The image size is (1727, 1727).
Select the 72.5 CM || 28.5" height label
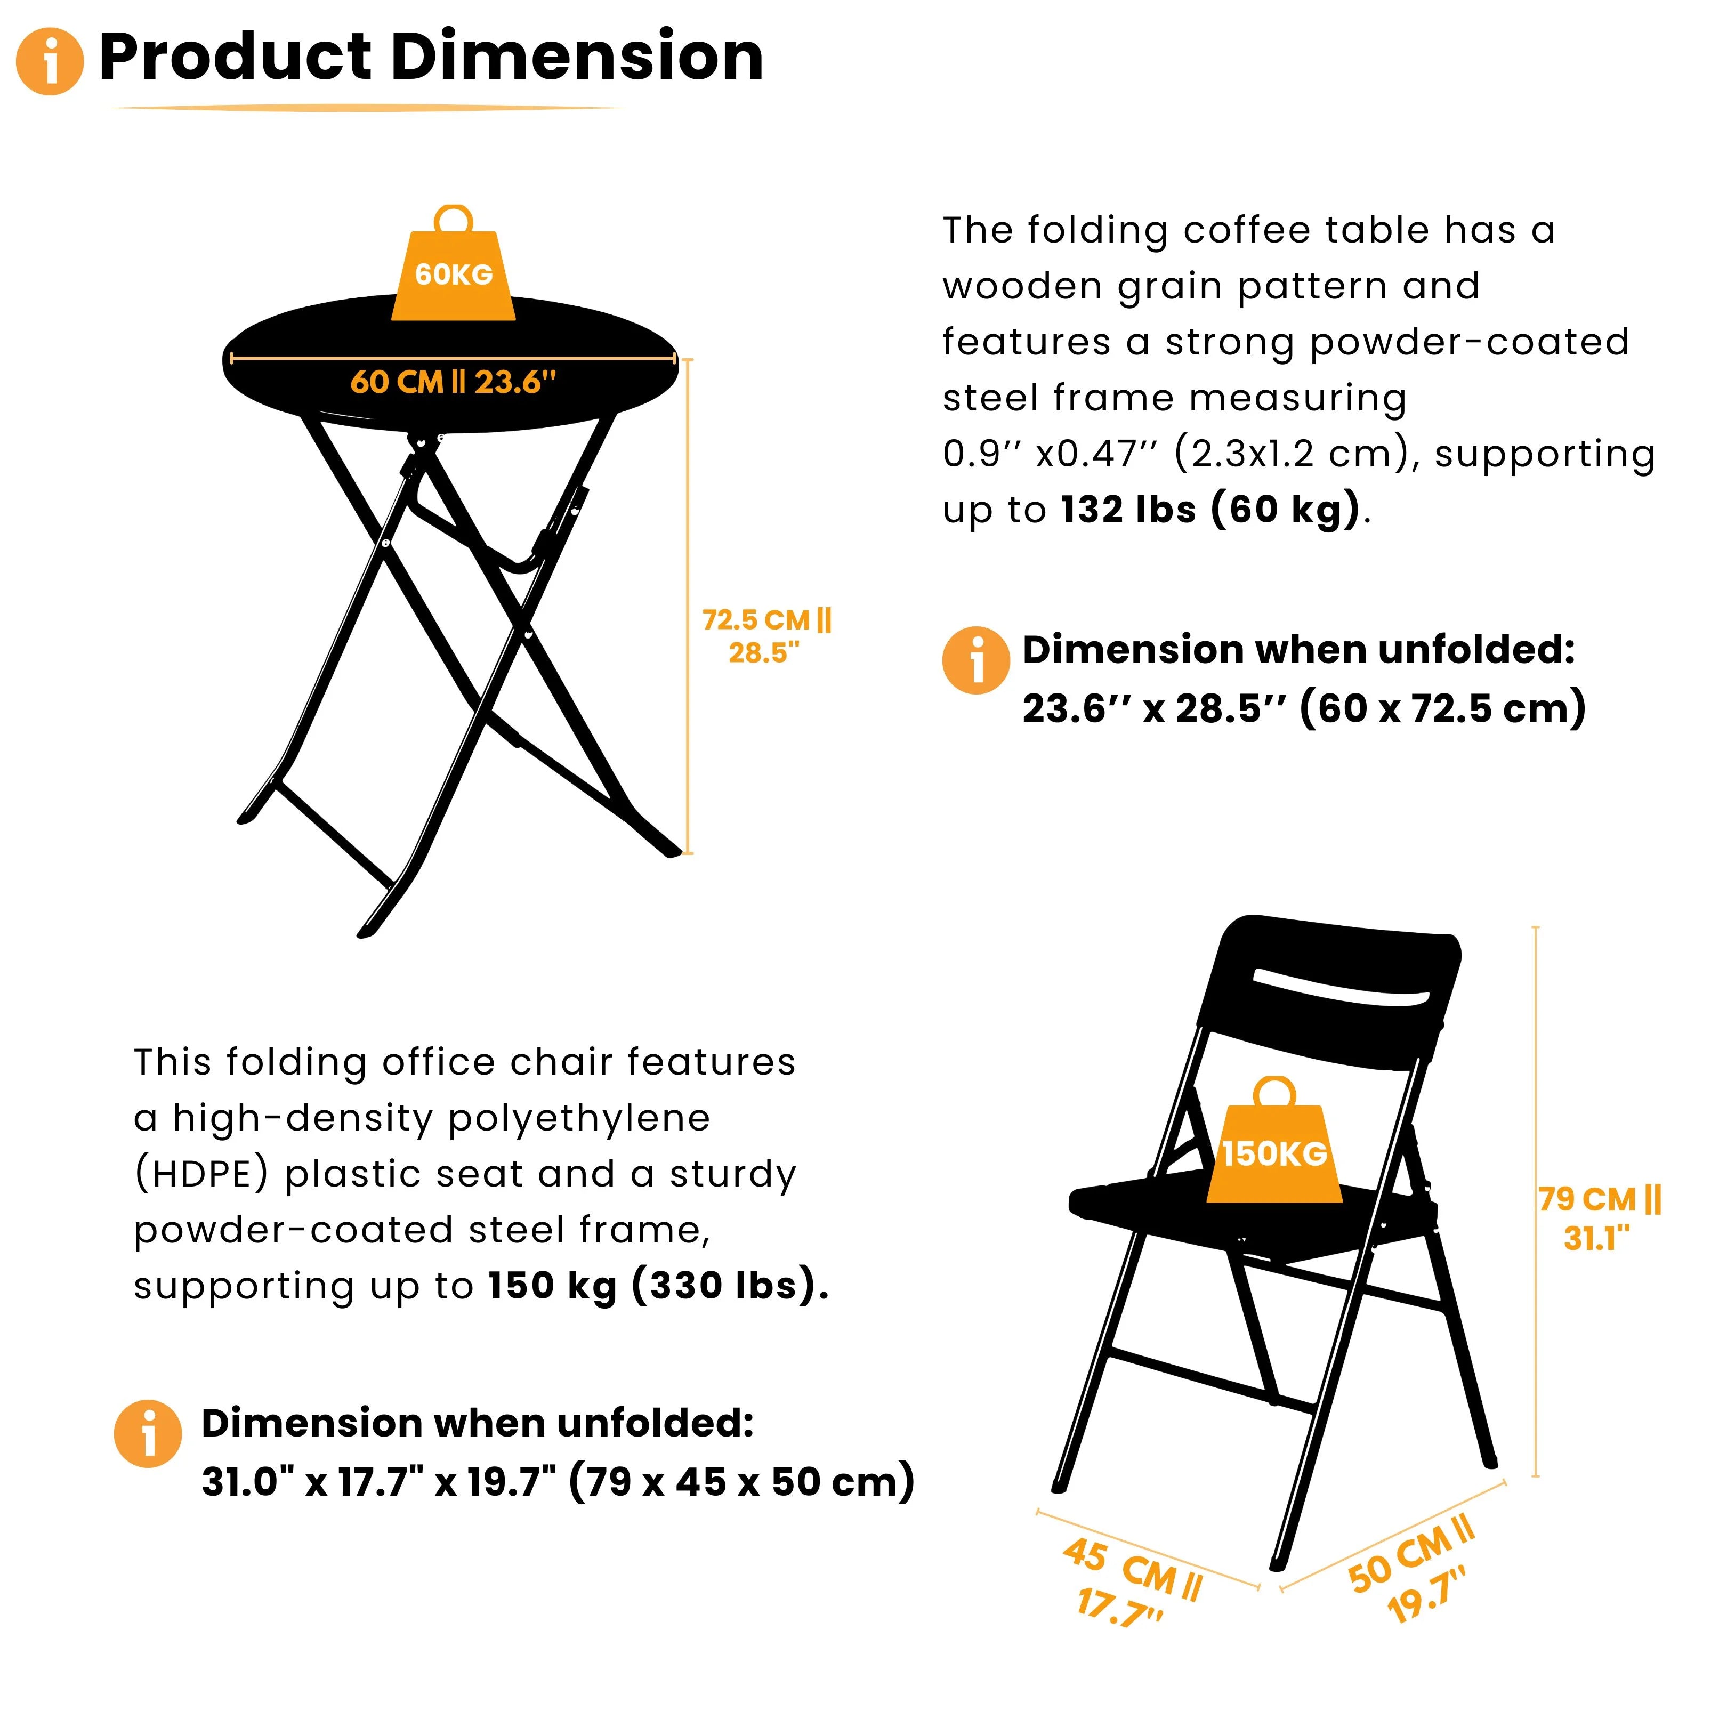click(766, 635)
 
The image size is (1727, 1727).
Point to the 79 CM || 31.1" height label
click(1599, 1217)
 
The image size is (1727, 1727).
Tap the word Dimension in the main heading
click(577, 57)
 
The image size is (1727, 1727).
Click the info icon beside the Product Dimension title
click(50, 61)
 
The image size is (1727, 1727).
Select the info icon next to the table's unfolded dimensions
click(976, 660)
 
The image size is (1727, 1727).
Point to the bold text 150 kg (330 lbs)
click(658, 1286)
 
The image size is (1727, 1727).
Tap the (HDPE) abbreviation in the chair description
click(201, 1174)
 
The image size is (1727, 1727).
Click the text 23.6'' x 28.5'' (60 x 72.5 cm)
click(1303, 709)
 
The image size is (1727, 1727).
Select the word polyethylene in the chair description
click(579, 1118)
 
